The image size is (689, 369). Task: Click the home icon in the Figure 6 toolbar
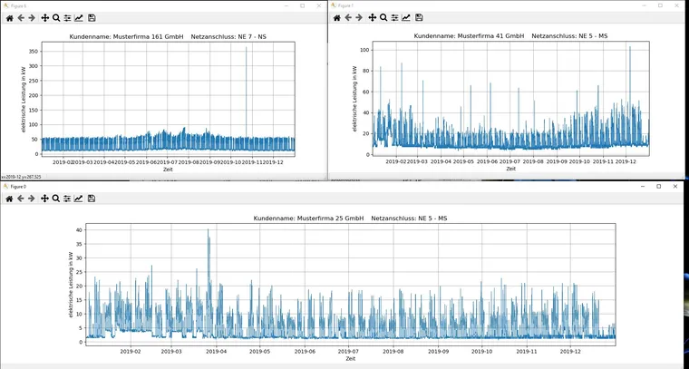pyautogui.click(x=9, y=18)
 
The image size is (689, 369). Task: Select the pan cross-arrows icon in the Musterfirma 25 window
pyautogui.click(x=44, y=198)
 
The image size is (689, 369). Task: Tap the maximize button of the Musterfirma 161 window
pyautogui.click(x=302, y=5)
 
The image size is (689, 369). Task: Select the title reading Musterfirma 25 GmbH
pyautogui.click(x=350, y=218)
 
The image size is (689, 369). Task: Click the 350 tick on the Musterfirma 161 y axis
pyautogui.click(x=34, y=52)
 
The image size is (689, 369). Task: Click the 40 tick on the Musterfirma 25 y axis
pyautogui.click(x=79, y=230)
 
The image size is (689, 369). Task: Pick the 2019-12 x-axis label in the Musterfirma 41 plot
pyautogui.click(x=628, y=160)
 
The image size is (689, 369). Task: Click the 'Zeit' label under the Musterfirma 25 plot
pyautogui.click(x=350, y=359)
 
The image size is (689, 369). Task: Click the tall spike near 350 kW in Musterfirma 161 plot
pyautogui.click(x=246, y=49)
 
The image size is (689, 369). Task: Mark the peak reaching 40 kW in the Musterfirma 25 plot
pyautogui.click(x=208, y=232)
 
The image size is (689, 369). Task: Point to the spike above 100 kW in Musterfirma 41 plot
pyautogui.click(x=629, y=47)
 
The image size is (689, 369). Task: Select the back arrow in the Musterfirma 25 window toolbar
pyautogui.click(x=21, y=198)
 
